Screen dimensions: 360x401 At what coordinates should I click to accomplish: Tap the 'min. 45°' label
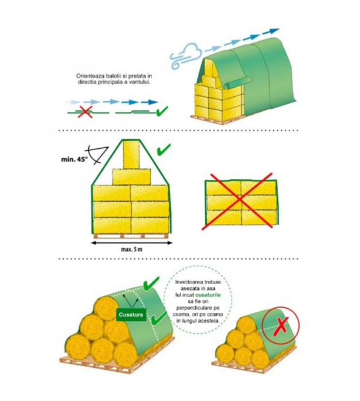(74, 159)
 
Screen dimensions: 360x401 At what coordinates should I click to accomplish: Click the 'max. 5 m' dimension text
(131, 249)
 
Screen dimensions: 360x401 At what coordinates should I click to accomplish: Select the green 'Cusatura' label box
(131, 314)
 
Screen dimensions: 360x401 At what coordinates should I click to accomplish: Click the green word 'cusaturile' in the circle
(210, 295)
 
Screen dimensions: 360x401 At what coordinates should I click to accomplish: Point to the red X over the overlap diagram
(85, 112)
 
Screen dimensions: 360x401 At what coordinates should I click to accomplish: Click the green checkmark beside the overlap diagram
(162, 111)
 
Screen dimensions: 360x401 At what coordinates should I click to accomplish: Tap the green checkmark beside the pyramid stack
(163, 150)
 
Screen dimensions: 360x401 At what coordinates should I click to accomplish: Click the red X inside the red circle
(281, 327)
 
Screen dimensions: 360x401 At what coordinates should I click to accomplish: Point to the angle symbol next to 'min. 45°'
(98, 154)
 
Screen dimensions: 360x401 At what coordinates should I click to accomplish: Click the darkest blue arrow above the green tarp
(271, 31)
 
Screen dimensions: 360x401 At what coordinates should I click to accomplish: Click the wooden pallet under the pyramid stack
(131, 236)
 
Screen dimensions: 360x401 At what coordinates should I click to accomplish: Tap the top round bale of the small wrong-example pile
(246, 325)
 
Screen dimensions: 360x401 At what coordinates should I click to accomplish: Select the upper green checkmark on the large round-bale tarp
(151, 284)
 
